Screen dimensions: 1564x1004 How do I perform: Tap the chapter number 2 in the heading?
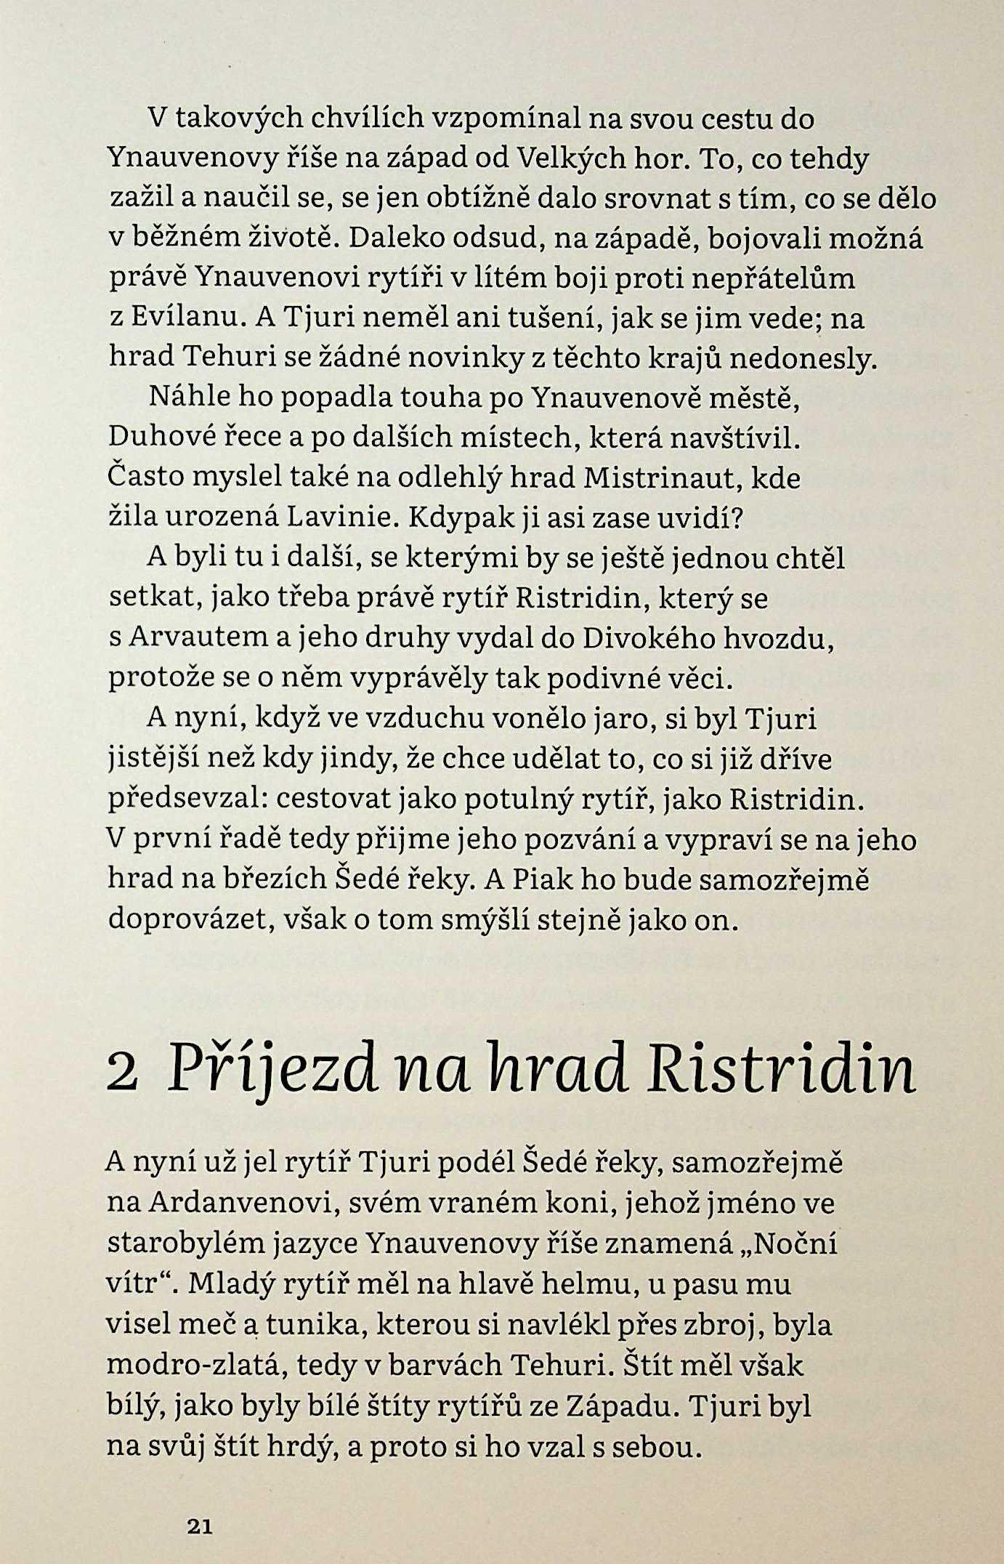(x=122, y=1074)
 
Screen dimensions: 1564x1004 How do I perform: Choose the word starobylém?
(x=180, y=1244)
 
